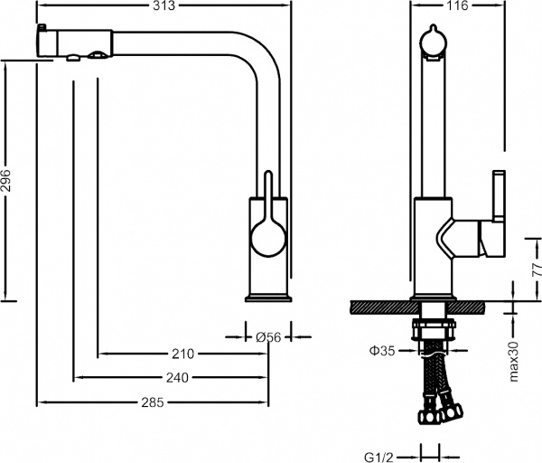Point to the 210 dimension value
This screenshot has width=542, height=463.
(183, 354)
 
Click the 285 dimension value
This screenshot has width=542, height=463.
(152, 402)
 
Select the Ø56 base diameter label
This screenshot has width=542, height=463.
(268, 336)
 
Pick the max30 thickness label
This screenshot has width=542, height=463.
(514, 359)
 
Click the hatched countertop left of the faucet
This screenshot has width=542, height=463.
(379, 307)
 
